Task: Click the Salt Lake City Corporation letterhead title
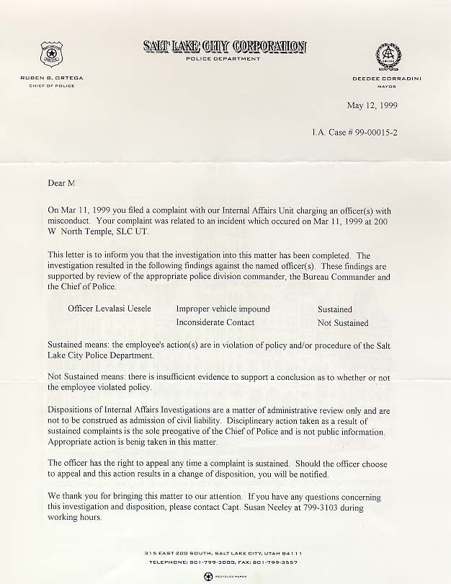click(x=224, y=47)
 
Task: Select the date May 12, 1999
click(x=372, y=105)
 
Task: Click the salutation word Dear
click(x=56, y=185)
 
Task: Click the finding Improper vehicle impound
click(x=223, y=309)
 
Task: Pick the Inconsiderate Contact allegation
click(x=215, y=323)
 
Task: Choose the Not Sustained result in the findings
click(x=342, y=323)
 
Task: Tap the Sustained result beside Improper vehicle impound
click(x=334, y=309)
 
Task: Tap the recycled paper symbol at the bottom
click(x=207, y=576)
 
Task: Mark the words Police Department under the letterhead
click(x=223, y=59)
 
